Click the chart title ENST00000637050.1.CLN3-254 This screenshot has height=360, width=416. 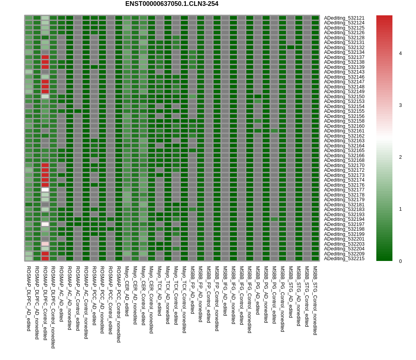[172, 4]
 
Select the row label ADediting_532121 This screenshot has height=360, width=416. [344, 18]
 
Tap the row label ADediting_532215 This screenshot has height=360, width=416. [344, 259]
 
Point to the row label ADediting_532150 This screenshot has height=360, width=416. [344, 97]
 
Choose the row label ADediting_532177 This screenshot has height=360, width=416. [344, 190]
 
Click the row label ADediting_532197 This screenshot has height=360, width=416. [344, 224]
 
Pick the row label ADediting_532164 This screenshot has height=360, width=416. [344, 146]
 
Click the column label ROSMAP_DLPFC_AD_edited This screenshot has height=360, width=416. [29, 298]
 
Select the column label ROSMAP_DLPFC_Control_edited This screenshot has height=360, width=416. [45, 303]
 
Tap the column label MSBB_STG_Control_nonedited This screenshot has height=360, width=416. [315, 300]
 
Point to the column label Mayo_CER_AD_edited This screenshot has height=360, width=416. [127, 291]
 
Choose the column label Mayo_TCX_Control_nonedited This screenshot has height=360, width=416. [184, 299]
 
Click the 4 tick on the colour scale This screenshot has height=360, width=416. [400, 53]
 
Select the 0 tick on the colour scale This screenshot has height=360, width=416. [400, 261]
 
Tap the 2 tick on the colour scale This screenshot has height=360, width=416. [400, 157]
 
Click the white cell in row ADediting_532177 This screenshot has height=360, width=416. [45, 190]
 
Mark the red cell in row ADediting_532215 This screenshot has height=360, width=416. [45, 259]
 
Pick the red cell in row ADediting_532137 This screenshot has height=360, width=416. [45, 57]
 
